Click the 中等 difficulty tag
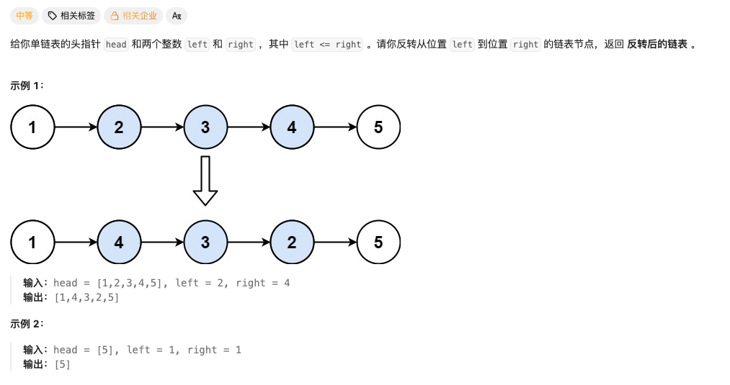25,16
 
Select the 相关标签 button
71,16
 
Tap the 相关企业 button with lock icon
133,16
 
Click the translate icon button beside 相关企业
177,16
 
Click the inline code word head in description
116,45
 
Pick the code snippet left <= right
327,45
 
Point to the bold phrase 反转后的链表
657,44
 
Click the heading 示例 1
27,86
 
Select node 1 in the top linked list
32,127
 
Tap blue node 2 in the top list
119,127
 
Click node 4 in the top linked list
292,127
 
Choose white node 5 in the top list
378,127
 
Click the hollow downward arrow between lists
205,181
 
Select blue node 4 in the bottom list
119,243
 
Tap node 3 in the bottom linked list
205,243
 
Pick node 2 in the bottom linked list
292,243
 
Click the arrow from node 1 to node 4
76,243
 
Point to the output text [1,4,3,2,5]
86,298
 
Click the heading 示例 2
27,324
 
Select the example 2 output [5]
63,365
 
